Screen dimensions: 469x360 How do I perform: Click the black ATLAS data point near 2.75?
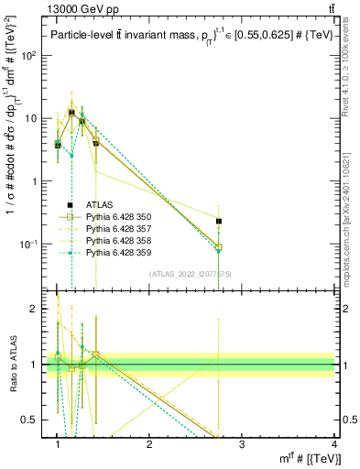(218, 221)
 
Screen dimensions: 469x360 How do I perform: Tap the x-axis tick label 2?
(149, 444)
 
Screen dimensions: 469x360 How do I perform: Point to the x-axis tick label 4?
(334, 444)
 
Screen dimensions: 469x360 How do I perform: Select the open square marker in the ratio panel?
(96, 354)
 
